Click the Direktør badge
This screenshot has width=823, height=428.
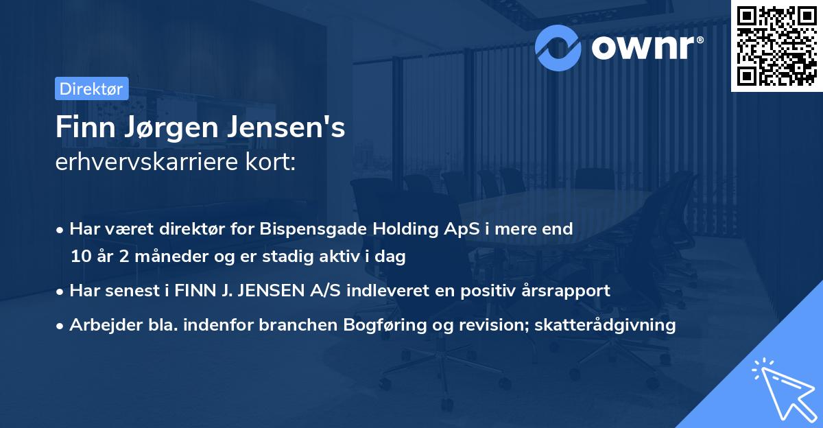(91, 88)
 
